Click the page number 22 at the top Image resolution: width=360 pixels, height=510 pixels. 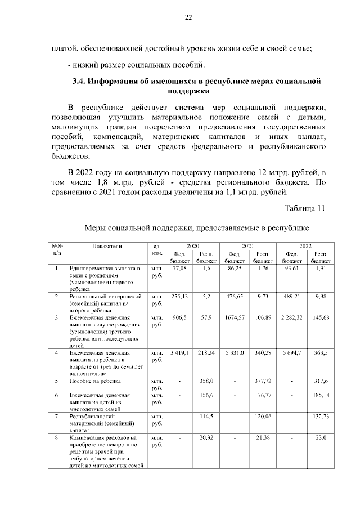pyautogui.click(x=189, y=17)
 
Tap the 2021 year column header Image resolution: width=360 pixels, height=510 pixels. pyautogui.click(x=247, y=246)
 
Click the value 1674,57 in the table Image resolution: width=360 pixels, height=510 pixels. pyautogui.click(x=233, y=317)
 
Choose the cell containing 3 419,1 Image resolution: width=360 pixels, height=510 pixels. pyautogui.click(x=179, y=352)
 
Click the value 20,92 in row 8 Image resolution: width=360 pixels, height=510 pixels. pyautogui.click(x=206, y=437)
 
